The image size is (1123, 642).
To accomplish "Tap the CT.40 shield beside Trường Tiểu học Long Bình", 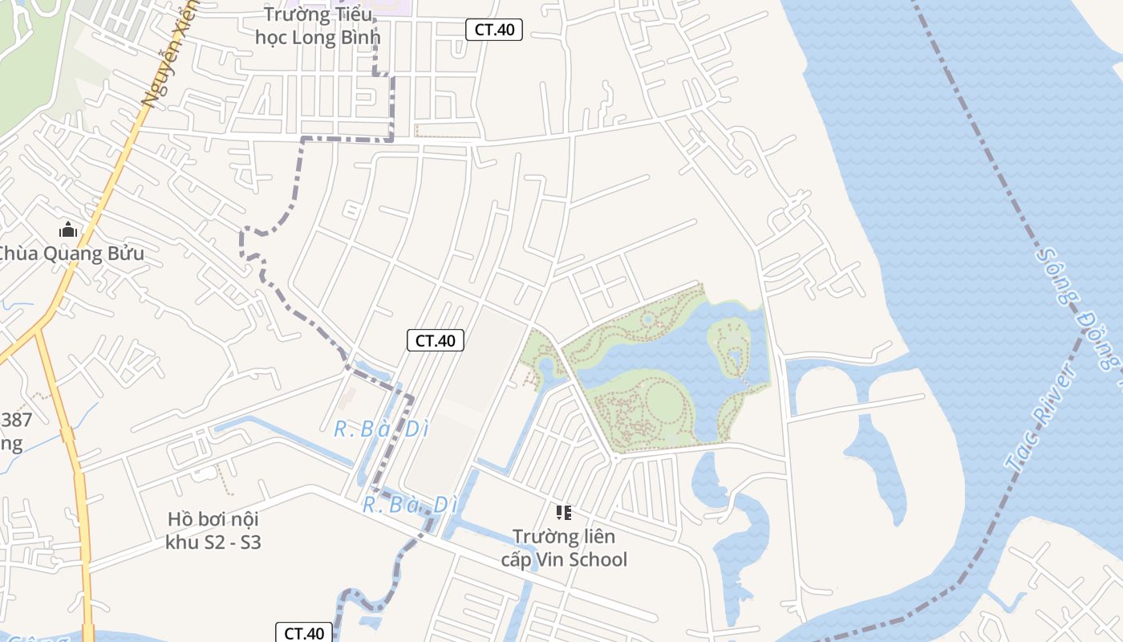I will [x=494, y=30].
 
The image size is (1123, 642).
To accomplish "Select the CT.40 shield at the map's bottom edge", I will [x=305, y=632].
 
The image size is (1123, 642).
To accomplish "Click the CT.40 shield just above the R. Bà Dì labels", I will [x=436, y=340].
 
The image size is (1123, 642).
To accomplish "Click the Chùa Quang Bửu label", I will [x=71, y=254].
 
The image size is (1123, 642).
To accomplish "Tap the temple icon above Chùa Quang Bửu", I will [x=68, y=230].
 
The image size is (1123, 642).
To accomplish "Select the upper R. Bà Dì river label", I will [x=381, y=429].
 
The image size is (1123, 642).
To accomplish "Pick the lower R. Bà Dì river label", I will [x=410, y=505].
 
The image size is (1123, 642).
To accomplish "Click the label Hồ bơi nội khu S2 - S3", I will [x=213, y=530].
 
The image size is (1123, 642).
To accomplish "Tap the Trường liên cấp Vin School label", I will [x=564, y=547].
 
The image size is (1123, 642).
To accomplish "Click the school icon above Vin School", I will [x=564, y=512].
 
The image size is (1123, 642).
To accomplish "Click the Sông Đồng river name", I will [x=1079, y=309].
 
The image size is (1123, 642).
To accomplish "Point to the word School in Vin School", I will [x=598, y=559].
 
